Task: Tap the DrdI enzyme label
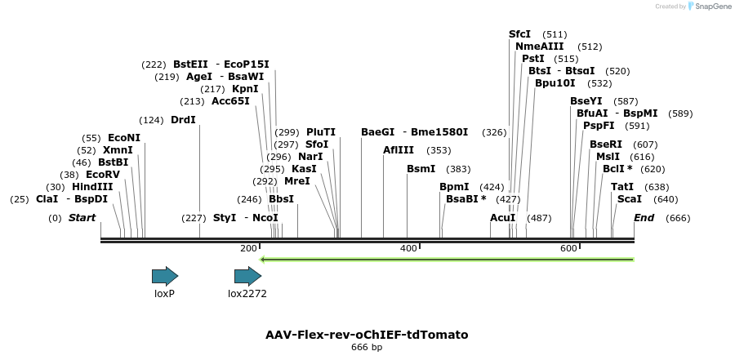pyautogui.click(x=183, y=120)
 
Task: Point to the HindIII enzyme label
pyautogui.click(x=92, y=187)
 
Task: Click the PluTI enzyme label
pyautogui.click(x=321, y=132)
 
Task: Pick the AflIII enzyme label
pyautogui.click(x=399, y=150)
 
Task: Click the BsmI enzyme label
pyautogui.click(x=421, y=169)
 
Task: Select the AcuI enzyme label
pyautogui.click(x=503, y=218)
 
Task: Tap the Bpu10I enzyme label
pyautogui.click(x=555, y=83)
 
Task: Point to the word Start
pyautogui.click(x=82, y=218)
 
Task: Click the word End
pyautogui.click(x=644, y=218)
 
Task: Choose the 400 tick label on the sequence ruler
pyautogui.click(x=408, y=248)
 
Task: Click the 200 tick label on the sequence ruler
pyautogui.click(x=248, y=248)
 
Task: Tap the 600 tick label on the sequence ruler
pyautogui.click(x=568, y=248)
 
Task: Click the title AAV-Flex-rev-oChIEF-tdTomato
pyautogui.click(x=367, y=335)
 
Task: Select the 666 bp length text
pyautogui.click(x=367, y=348)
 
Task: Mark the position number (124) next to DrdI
pyautogui.click(x=151, y=120)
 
